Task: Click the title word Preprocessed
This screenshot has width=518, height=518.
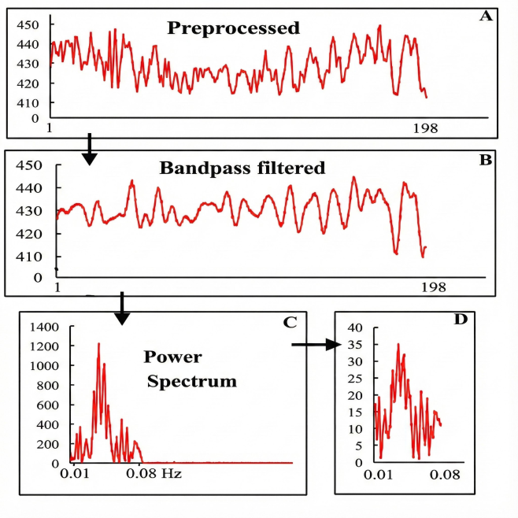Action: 233,29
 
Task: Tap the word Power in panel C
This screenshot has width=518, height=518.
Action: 172,357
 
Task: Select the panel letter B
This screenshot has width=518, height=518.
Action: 485,160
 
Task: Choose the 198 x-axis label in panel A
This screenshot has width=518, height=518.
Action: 425,129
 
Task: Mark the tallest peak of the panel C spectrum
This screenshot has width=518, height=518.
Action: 98,344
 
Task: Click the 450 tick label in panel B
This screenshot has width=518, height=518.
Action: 28,165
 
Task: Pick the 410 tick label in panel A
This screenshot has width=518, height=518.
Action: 28,102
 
